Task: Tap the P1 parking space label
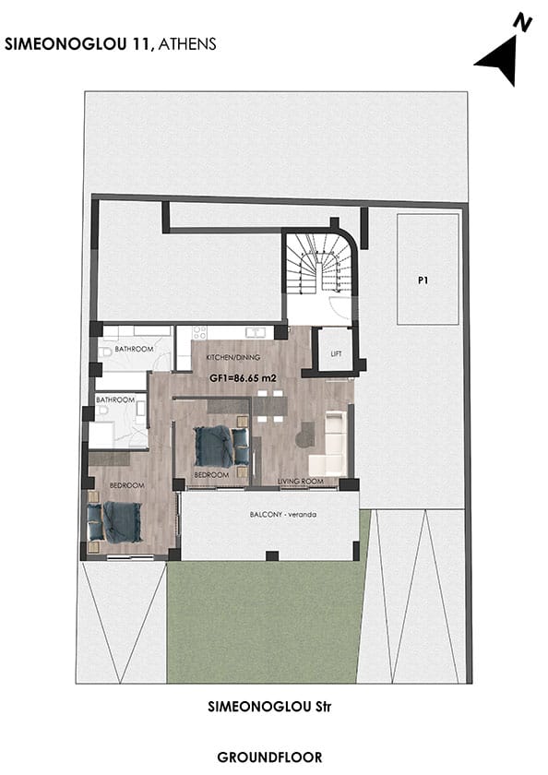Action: click(423, 280)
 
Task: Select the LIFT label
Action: click(336, 354)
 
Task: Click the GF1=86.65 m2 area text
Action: click(243, 378)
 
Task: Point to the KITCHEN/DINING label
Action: click(232, 357)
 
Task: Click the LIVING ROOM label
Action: click(301, 481)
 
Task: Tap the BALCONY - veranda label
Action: click(283, 515)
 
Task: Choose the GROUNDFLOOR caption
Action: click(269, 757)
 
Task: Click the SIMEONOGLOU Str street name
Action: click(269, 707)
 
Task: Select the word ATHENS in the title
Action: click(187, 44)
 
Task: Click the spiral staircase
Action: click(318, 264)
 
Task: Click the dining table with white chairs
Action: click(269, 406)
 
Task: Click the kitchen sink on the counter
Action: click(255, 332)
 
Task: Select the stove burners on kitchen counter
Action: click(199, 332)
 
